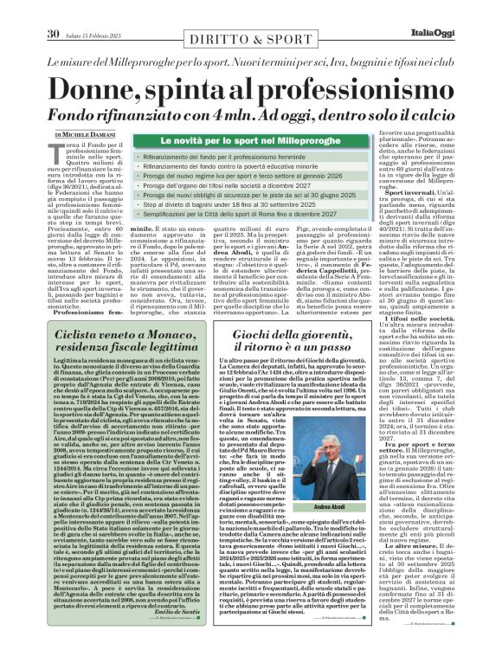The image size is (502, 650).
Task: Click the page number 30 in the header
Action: click(x=51, y=11)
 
